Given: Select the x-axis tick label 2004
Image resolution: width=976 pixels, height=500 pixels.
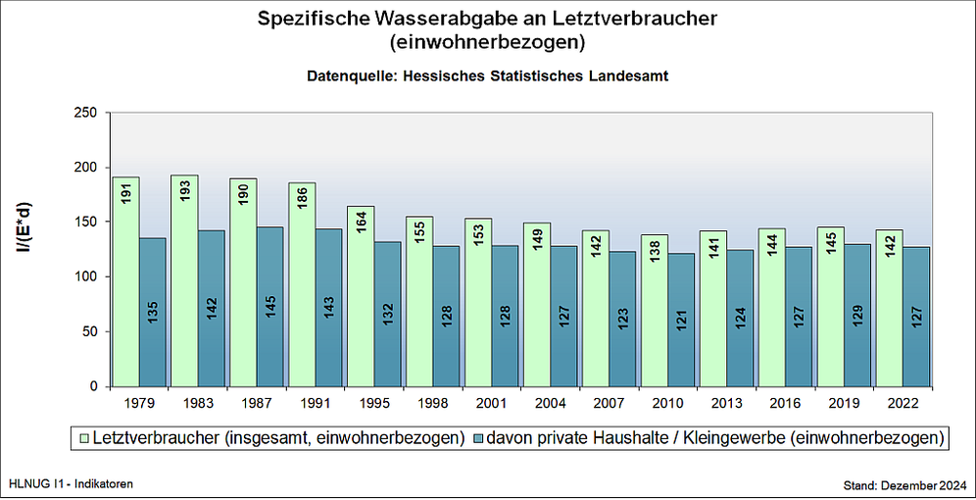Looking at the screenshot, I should coord(551,403).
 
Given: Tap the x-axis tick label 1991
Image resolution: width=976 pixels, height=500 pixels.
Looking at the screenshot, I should coord(316,403).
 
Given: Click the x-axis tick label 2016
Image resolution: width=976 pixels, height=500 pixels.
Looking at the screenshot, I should coord(786,403).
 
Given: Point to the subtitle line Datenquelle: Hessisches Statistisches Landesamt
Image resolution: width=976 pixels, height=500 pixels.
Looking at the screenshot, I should coord(487,75).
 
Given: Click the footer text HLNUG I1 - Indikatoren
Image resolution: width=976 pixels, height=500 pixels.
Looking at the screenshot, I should coord(70,484).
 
